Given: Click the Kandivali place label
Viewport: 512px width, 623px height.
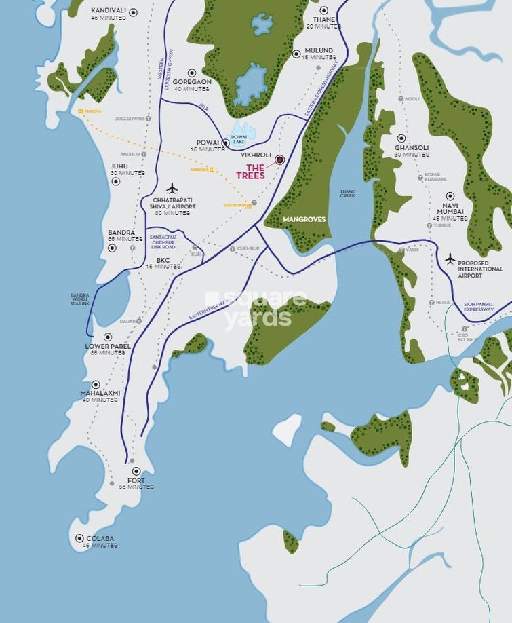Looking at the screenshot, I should pos(108,12).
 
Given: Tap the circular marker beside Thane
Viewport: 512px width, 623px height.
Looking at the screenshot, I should pos(324,10).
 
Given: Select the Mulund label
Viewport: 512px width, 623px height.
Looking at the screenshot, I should pos(319,50).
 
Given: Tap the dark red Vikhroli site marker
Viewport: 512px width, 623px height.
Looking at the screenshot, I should pos(279,159).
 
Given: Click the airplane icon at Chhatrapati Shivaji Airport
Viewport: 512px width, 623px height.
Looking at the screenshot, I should pos(172,188).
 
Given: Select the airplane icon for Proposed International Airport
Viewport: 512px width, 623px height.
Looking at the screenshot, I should pos(450,259).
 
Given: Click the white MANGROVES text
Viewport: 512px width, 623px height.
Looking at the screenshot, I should pos(304,219).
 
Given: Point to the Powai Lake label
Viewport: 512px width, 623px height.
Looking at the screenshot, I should pos(239,138).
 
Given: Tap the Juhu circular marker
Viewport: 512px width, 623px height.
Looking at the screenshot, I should pos(115,181).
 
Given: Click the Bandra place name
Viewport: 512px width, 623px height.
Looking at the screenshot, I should pos(122,232).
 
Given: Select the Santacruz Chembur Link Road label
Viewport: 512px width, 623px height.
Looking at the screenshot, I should pos(162,242).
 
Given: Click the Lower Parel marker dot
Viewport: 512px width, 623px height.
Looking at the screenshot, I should pos(107,337).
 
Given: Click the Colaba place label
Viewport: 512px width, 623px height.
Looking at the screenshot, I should pos(100,539).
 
